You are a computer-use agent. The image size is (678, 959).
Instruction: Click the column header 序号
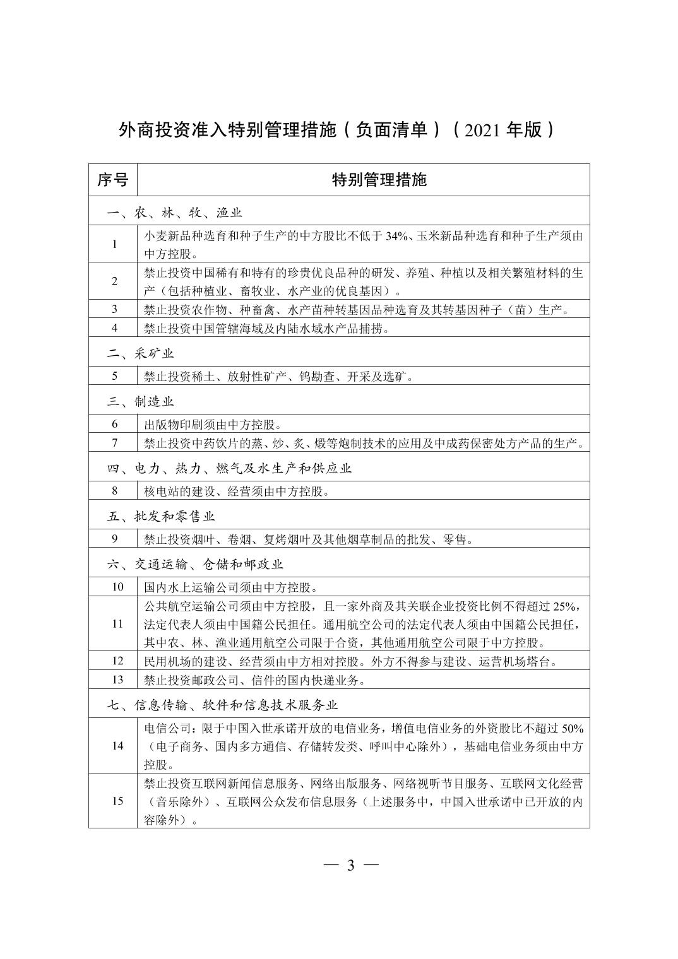click(x=112, y=180)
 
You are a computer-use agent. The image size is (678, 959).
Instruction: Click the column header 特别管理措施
click(x=379, y=180)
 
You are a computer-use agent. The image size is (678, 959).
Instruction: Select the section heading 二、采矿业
click(x=140, y=353)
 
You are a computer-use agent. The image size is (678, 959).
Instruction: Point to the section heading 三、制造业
click(x=140, y=401)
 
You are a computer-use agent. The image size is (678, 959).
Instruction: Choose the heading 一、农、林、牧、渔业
click(x=174, y=213)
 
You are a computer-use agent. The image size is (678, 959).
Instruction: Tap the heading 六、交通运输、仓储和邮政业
click(x=195, y=564)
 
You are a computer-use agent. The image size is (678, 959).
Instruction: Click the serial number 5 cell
click(x=114, y=376)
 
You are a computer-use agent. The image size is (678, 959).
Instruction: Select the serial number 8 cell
click(x=114, y=491)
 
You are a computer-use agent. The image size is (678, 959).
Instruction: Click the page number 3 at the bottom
click(x=350, y=865)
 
